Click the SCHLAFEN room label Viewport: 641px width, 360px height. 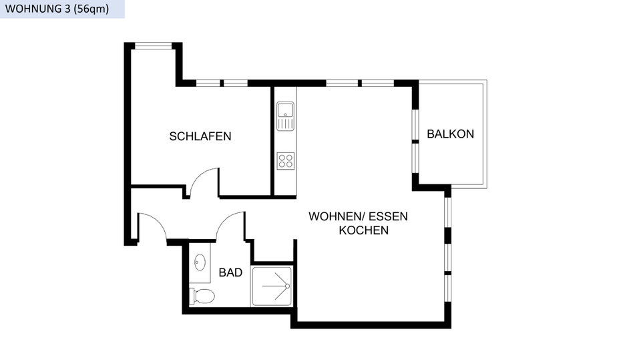pos(200,136)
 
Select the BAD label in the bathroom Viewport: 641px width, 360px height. pos(230,273)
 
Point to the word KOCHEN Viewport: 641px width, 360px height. pos(364,230)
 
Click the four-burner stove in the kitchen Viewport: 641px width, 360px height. pos(286,160)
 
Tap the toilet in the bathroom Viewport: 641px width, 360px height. pos(202,295)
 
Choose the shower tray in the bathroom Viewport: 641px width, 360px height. pos(272,287)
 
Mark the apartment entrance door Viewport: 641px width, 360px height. pos(152,226)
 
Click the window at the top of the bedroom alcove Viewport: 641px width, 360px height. pos(154,46)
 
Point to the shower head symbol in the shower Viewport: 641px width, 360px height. pos(286,287)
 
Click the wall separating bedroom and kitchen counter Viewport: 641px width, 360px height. pos(272,140)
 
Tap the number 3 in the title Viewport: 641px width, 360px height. pos(67,9)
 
